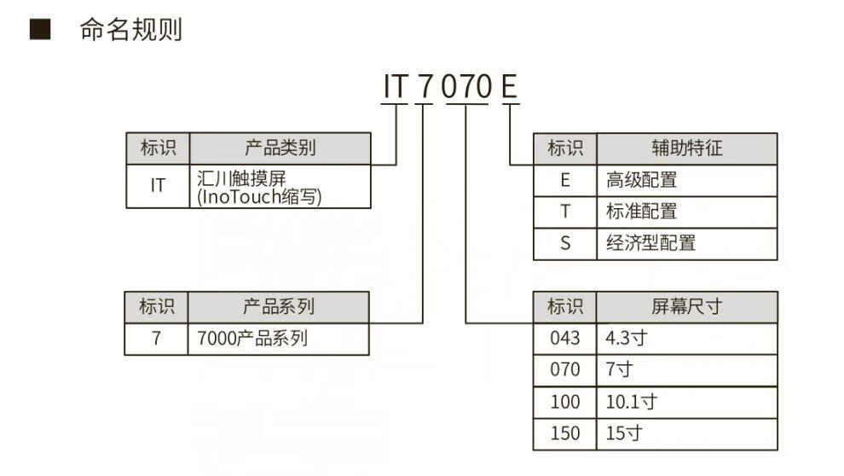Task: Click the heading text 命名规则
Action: [130, 31]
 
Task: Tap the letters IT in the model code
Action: [396, 87]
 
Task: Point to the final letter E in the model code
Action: [509, 87]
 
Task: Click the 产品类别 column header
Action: [280, 148]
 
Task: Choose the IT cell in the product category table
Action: [158, 187]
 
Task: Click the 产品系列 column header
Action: [279, 307]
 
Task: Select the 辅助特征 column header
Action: [686, 148]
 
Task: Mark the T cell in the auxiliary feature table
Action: [564, 212]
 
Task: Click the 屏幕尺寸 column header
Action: [686, 307]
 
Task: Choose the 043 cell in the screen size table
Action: [564, 338]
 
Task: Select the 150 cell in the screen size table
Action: [564, 433]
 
